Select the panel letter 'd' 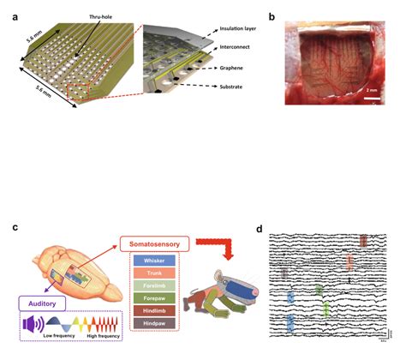pyautogui.click(x=261, y=229)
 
